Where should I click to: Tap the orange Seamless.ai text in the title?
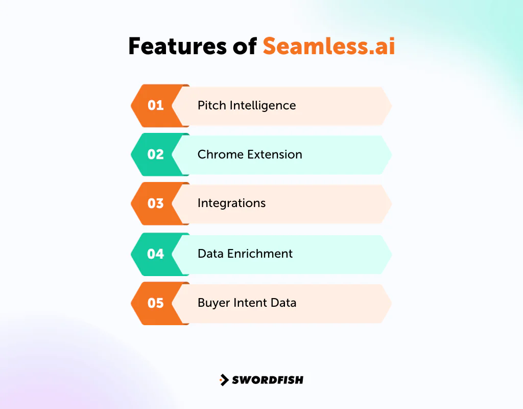click(x=329, y=47)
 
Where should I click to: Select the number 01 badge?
click(x=155, y=105)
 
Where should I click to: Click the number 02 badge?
click(x=155, y=154)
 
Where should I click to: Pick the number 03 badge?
click(x=155, y=203)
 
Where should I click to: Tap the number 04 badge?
click(x=155, y=254)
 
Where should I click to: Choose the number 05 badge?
click(x=155, y=303)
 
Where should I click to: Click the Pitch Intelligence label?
click(x=247, y=105)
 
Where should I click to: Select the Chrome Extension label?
click(x=250, y=154)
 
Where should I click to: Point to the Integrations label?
click(x=231, y=203)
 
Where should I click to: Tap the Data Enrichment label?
click(x=245, y=254)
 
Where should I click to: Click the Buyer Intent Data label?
click(x=247, y=303)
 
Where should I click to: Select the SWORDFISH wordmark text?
click(x=268, y=380)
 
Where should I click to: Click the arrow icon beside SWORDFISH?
click(x=224, y=380)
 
